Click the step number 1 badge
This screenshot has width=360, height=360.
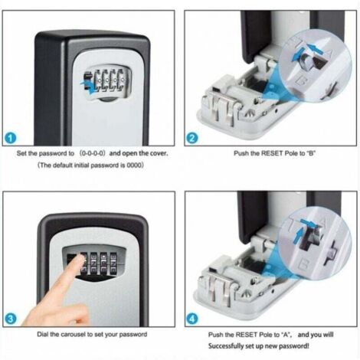click(x=11, y=139)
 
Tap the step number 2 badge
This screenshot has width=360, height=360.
click(x=192, y=139)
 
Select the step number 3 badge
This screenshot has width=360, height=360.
click(x=11, y=319)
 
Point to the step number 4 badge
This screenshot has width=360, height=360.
click(x=192, y=319)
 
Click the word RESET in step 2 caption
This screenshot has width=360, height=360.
click(x=271, y=153)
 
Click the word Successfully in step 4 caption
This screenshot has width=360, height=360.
click(x=226, y=346)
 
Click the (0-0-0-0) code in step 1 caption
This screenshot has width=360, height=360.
click(x=92, y=153)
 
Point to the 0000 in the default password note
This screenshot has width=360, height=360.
click(x=134, y=165)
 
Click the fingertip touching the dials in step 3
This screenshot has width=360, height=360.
click(x=80, y=259)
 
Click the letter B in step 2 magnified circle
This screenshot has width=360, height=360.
click(x=301, y=81)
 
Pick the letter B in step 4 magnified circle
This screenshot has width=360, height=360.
click(x=303, y=264)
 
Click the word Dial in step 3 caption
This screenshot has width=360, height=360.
click(x=43, y=335)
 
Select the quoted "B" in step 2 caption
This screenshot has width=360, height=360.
click(x=310, y=153)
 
